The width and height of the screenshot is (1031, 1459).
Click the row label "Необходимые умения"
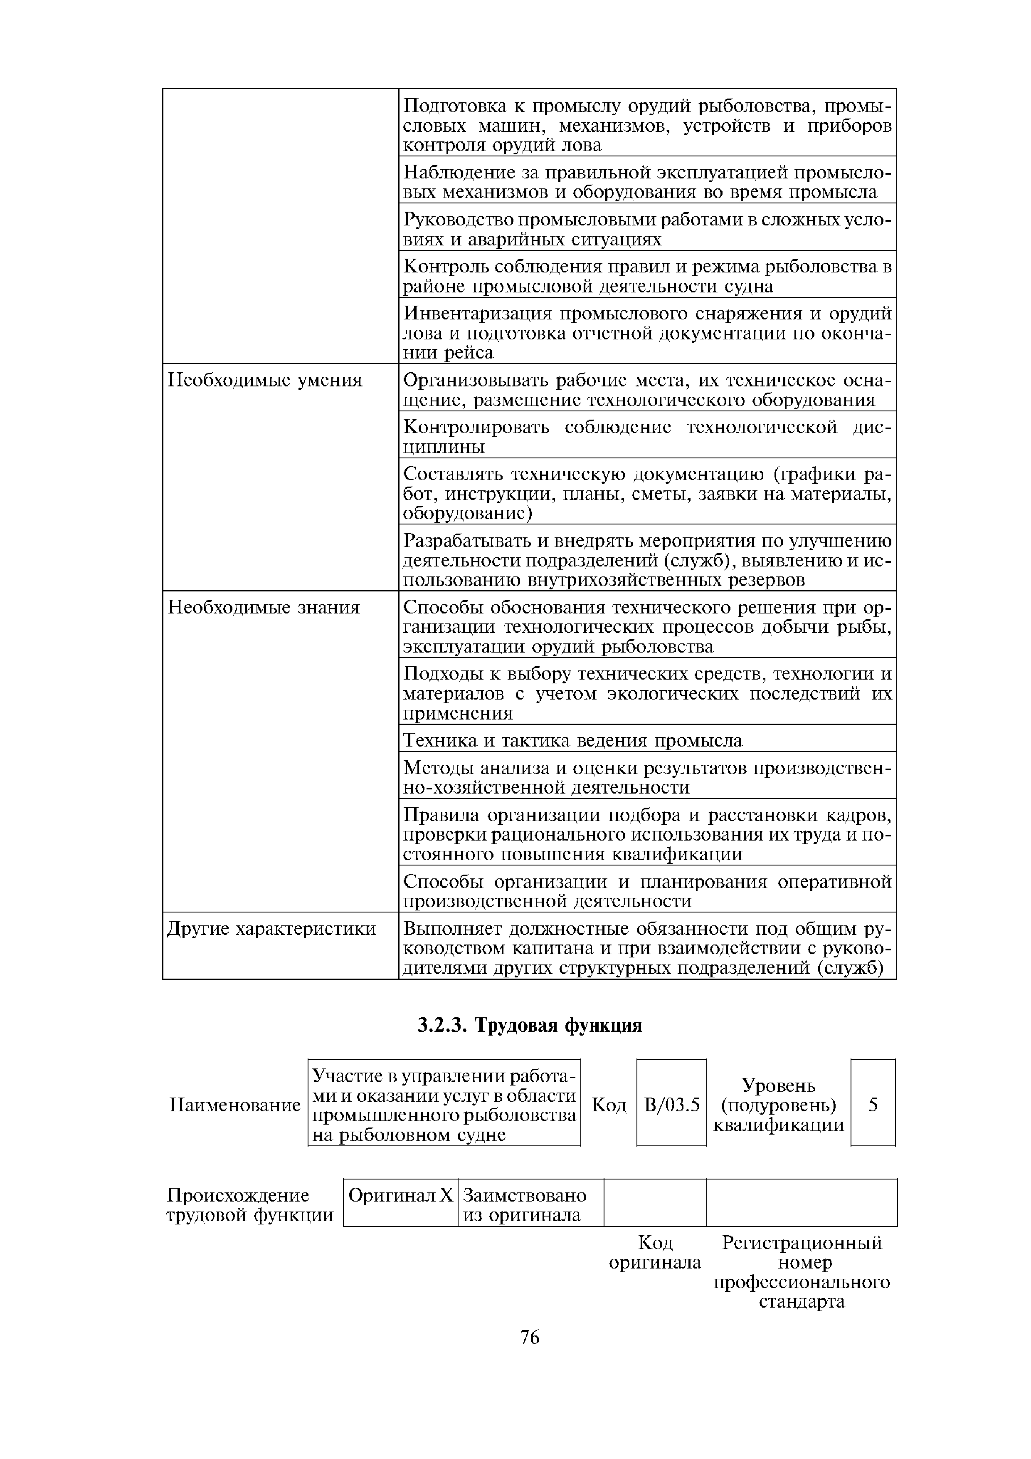click(x=264, y=380)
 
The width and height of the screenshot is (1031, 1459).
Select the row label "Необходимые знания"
click(x=263, y=608)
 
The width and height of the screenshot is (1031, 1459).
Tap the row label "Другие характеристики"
click(x=271, y=929)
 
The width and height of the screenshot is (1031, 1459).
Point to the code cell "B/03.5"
click(x=671, y=1105)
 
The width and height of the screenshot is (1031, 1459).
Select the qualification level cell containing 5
click(x=873, y=1105)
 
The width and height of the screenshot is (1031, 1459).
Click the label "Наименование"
click(x=234, y=1105)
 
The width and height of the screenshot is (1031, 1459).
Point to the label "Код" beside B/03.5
click(x=609, y=1105)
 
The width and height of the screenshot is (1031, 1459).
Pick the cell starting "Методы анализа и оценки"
click(x=647, y=778)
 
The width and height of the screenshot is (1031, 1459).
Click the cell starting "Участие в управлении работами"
click(x=444, y=1105)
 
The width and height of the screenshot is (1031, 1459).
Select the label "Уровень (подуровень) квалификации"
click(x=779, y=1105)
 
